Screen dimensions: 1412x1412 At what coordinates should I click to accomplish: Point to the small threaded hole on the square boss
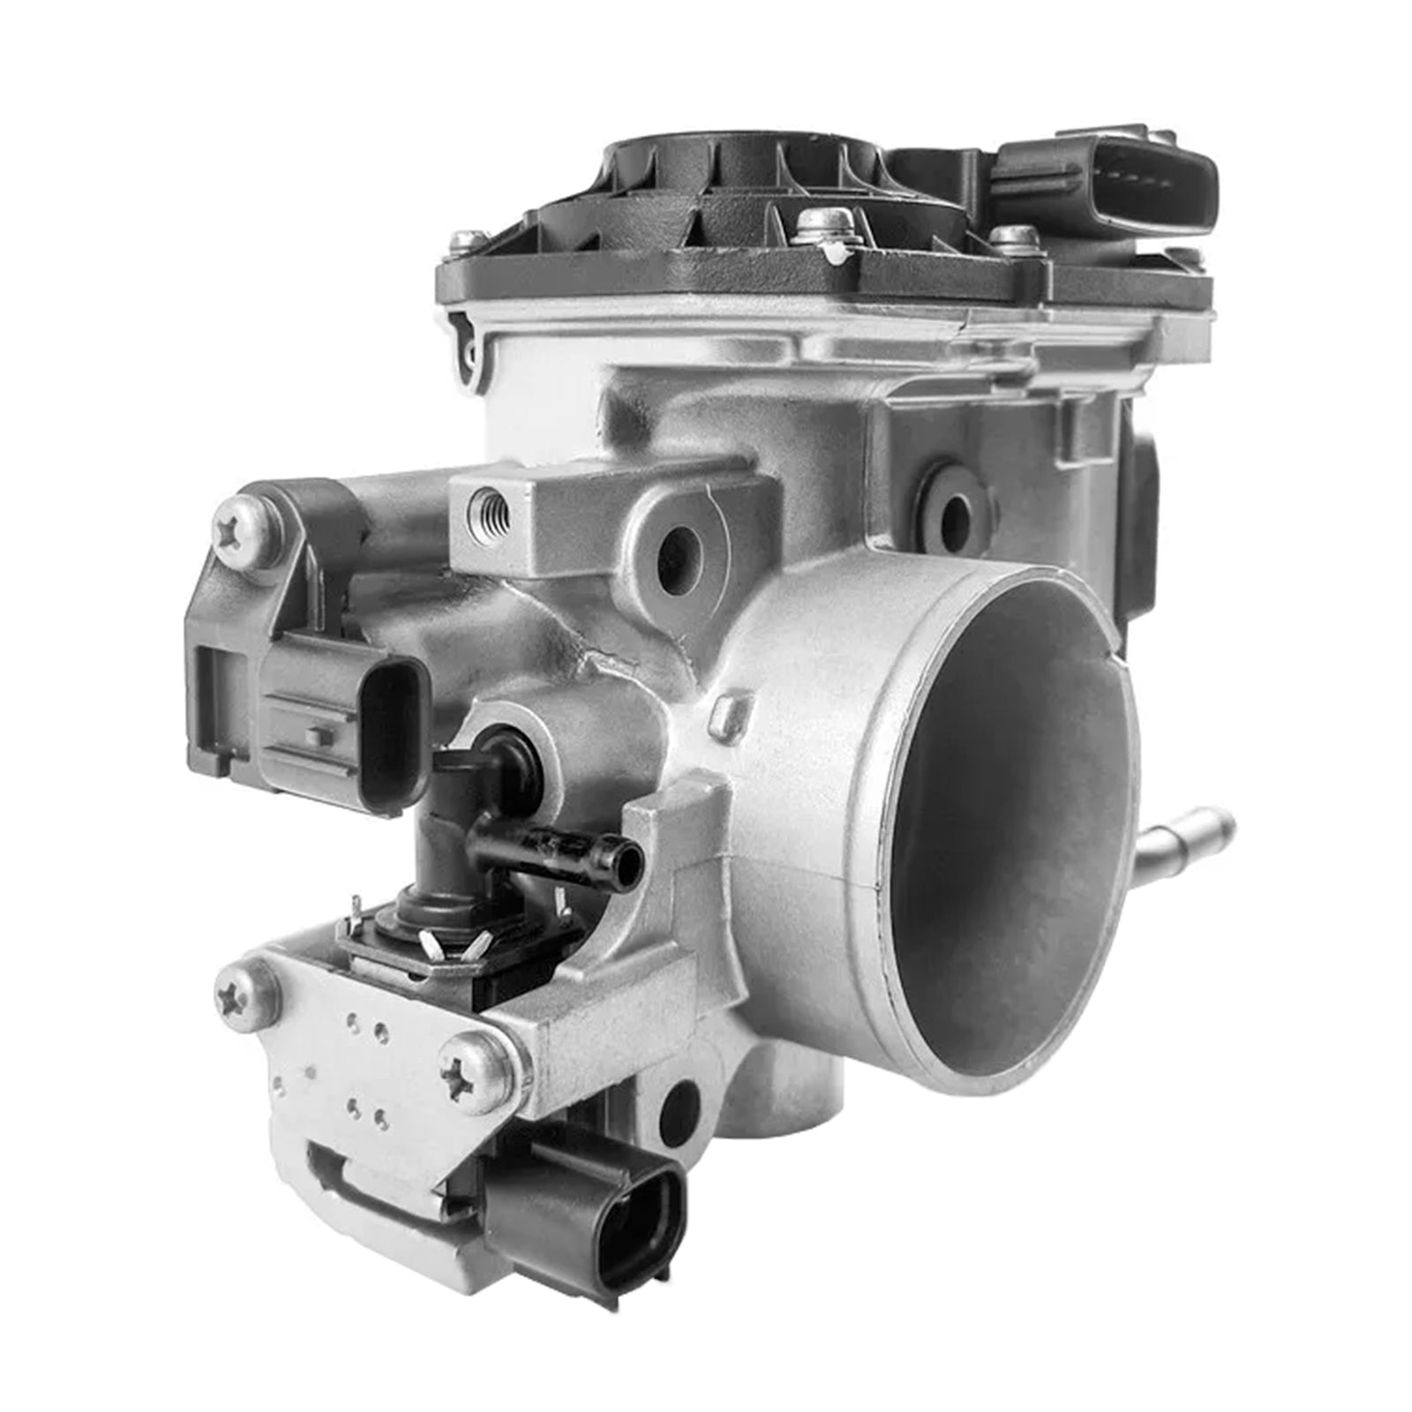tap(491, 509)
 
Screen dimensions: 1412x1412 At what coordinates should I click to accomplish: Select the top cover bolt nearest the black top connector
tap(1016, 237)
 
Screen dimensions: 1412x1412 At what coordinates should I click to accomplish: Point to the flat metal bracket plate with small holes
tap(353, 1085)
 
